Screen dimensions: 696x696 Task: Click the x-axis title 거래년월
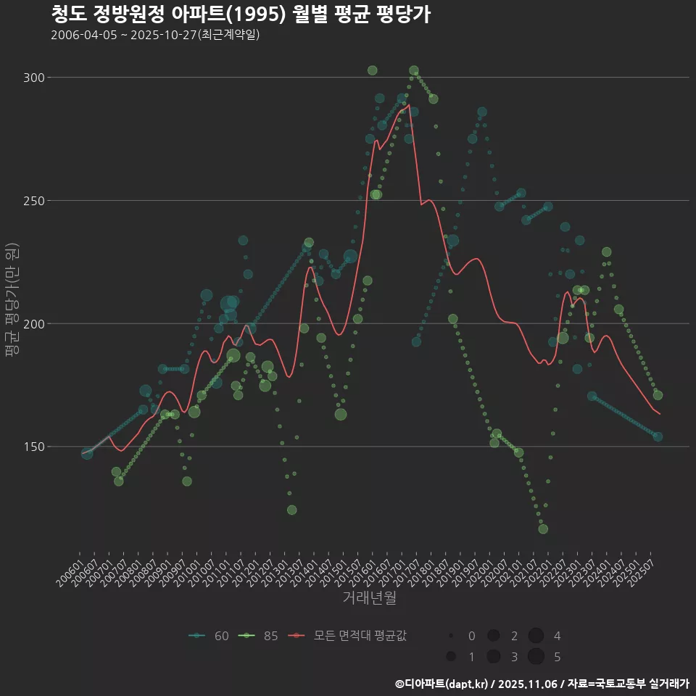(369, 598)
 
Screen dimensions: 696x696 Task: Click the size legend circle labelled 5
(536, 657)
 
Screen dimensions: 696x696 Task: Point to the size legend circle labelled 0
(451, 636)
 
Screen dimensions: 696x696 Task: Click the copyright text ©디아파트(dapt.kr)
(442, 684)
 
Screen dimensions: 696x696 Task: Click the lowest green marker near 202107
(543, 529)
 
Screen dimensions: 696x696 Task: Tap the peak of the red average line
(410, 105)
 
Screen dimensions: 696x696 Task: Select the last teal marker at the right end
(658, 436)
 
